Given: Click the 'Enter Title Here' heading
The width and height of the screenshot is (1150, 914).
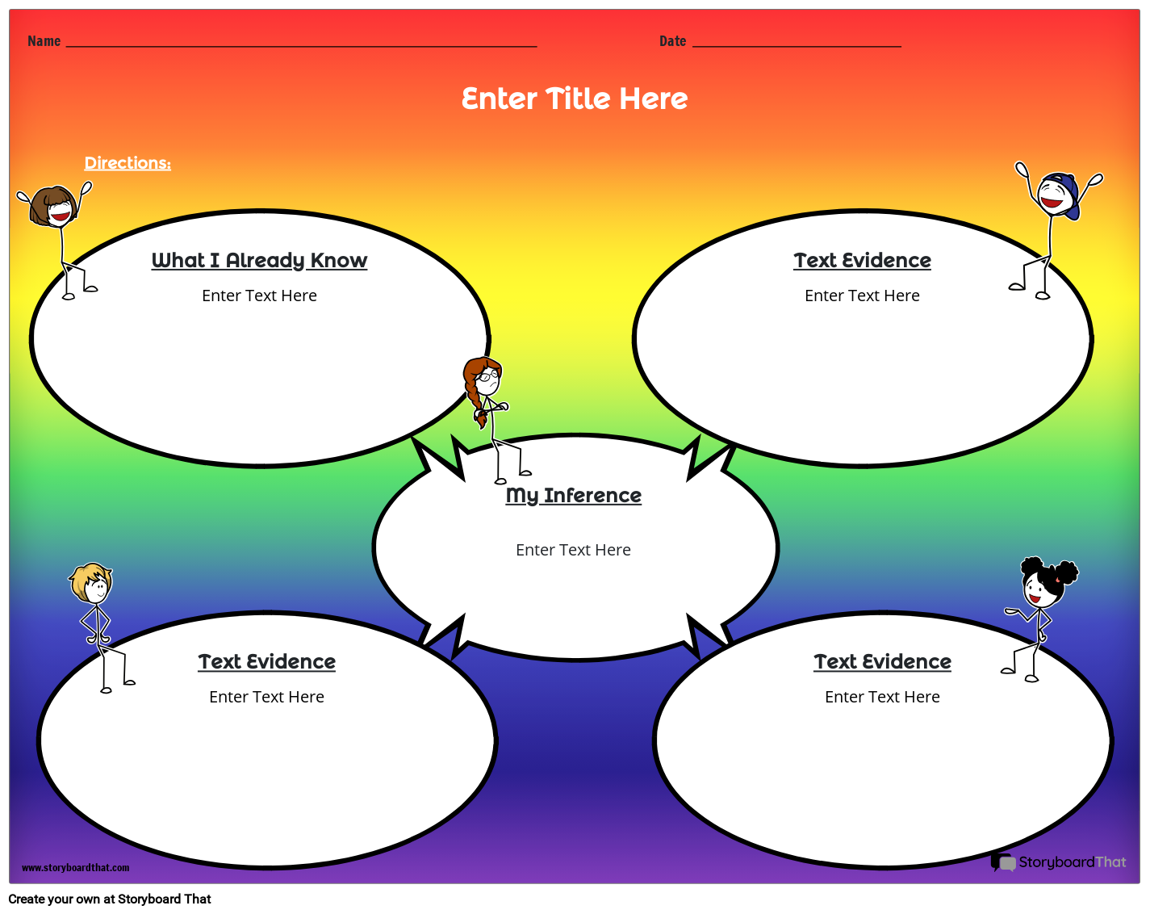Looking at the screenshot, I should (575, 99).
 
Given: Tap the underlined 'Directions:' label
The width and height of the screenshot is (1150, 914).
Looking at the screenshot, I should (128, 163).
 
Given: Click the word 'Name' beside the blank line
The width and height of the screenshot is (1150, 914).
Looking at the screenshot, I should (44, 41).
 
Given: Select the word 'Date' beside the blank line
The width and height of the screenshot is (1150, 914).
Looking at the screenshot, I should (672, 41).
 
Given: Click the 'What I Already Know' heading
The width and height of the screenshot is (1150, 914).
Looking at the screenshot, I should (259, 260).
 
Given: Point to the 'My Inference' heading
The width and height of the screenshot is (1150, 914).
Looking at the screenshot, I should (573, 495).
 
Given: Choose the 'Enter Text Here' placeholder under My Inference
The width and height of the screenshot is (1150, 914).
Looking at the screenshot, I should (573, 550).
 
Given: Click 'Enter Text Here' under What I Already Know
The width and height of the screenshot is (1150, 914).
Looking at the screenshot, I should (259, 296).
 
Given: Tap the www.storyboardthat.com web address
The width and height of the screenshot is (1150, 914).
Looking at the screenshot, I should (75, 867).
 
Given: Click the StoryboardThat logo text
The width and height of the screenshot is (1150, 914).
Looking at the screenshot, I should (1072, 862).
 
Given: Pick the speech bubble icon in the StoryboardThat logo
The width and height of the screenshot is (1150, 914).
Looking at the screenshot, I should (1003, 862).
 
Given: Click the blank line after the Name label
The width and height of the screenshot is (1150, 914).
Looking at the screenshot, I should (301, 46).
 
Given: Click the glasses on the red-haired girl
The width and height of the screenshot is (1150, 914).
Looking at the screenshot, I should (487, 376).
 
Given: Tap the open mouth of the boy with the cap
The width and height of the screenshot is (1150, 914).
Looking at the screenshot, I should (1051, 201).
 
